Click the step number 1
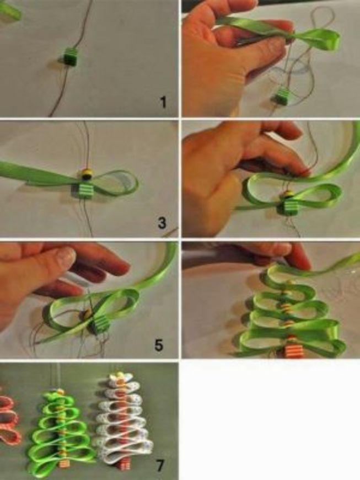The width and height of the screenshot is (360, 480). tap(163, 102)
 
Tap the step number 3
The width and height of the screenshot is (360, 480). tap(162, 222)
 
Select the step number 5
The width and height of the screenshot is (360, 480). tap(159, 345)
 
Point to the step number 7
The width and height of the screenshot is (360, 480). tap(160, 466)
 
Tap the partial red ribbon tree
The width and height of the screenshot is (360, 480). tap(9, 417)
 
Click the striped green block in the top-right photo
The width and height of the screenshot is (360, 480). tap(281, 95)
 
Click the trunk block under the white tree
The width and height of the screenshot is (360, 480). tap(125, 465)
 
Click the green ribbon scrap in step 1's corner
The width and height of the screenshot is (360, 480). tap(9, 10)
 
